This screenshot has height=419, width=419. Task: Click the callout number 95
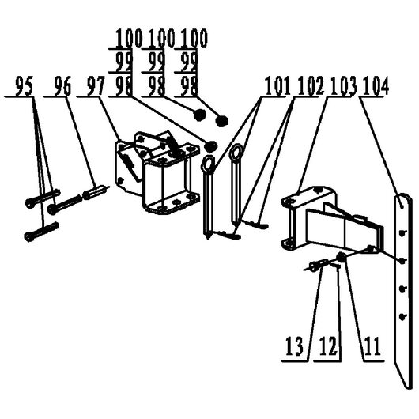pyautogui.click(x=25, y=86)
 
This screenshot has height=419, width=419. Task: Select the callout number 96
pyautogui.click(x=62, y=86)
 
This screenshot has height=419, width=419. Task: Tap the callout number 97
pyautogui.click(x=96, y=86)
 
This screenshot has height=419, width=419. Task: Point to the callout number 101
pyautogui.click(x=277, y=86)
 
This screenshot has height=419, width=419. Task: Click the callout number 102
pyautogui.click(x=310, y=86)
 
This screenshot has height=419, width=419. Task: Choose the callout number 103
pyautogui.click(x=343, y=86)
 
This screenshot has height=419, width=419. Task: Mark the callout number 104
pyautogui.click(x=376, y=86)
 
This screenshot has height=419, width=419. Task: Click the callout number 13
pyautogui.click(x=294, y=346)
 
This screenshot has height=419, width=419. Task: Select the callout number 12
pyautogui.click(x=328, y=346)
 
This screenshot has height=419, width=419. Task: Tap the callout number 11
pyautogui.click(x=373, y=346)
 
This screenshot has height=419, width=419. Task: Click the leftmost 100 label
pyautogui.click(x=129, y=39)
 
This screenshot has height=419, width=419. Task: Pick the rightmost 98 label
pyautogui.click(x=190, y=86)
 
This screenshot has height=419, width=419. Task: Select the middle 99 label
pyautogui.click(x=157, y=62)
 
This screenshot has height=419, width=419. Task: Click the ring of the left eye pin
pyautogui.click(x=208, y=164)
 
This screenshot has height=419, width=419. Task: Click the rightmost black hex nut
pyautogui.click(x=221, y=121)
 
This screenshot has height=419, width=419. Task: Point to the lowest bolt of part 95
pyautogui.click(x=41, y=232)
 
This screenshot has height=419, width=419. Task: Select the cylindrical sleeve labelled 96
pyautogui.click(x=93, y=193)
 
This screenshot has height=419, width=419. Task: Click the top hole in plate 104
pyautogui.click(x=402, y=206)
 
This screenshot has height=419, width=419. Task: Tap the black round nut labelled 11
pyautogui.click(x=341, y=257)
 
